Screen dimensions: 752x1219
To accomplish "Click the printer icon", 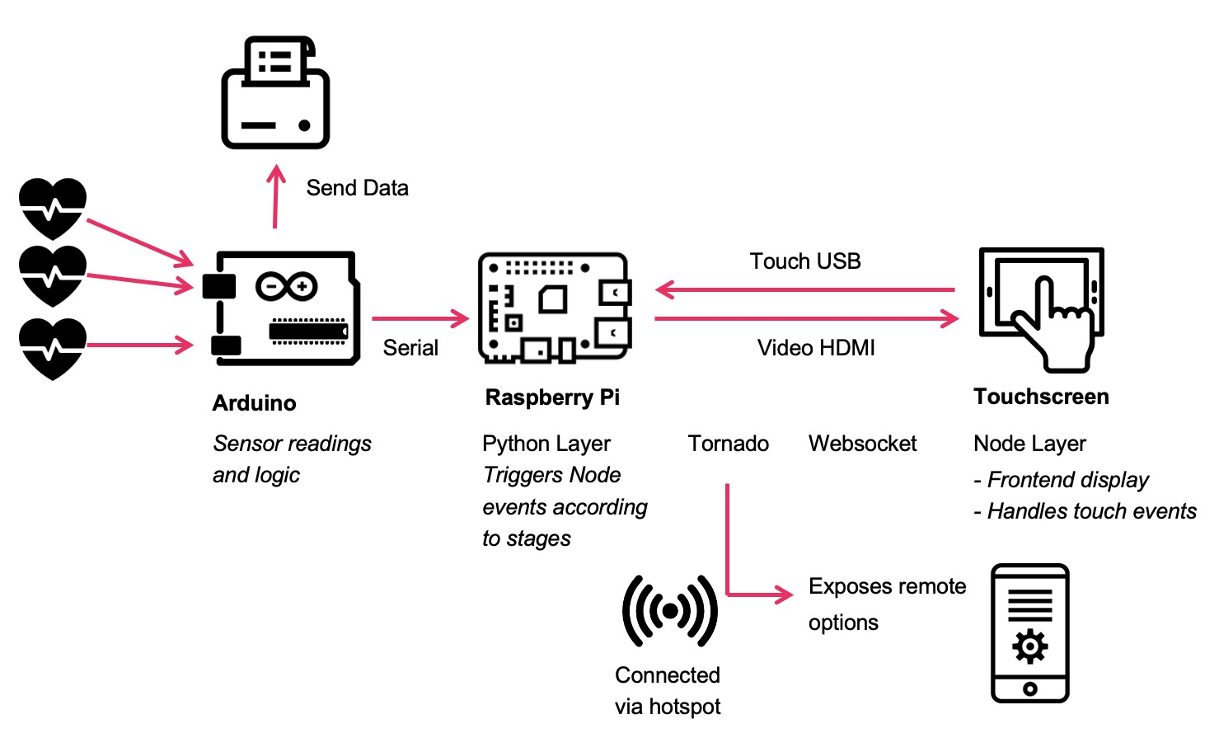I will click(x=275, y=92).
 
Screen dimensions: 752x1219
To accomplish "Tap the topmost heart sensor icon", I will click(x=53, y=208).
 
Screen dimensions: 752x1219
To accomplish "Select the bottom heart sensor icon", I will click(x=53, y=348).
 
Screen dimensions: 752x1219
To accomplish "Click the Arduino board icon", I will click(x=281, y=308).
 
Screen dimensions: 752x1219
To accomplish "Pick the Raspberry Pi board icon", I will click(x=555, y=308).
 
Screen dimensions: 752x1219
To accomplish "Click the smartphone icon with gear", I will click(x=1029, y=633).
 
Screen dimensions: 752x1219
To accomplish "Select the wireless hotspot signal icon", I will click(x=669, y=611).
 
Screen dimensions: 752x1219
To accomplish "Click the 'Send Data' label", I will click(x=357, y=188).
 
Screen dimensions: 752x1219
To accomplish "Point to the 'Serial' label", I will click(x=410, y=348).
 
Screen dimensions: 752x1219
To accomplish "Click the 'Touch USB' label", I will click(x=805, y=261).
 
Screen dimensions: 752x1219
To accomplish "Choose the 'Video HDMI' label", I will click(x=816, y=348).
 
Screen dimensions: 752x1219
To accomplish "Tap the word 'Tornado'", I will click(x=729, y=444).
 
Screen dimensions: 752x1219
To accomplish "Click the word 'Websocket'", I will click(x=862, y=444).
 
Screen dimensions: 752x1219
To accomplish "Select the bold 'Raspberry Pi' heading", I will click(x=552, y=397).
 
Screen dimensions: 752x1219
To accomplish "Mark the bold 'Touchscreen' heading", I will click(x=1041, y=397).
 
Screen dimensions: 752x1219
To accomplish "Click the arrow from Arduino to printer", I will click(x=276, y=198).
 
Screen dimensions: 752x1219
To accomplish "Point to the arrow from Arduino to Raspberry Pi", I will click(x=420, y=318).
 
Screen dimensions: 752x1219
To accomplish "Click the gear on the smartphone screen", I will click(x=1030, y=646).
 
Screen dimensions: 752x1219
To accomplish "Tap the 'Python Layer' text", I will click(x=546, y=444).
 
